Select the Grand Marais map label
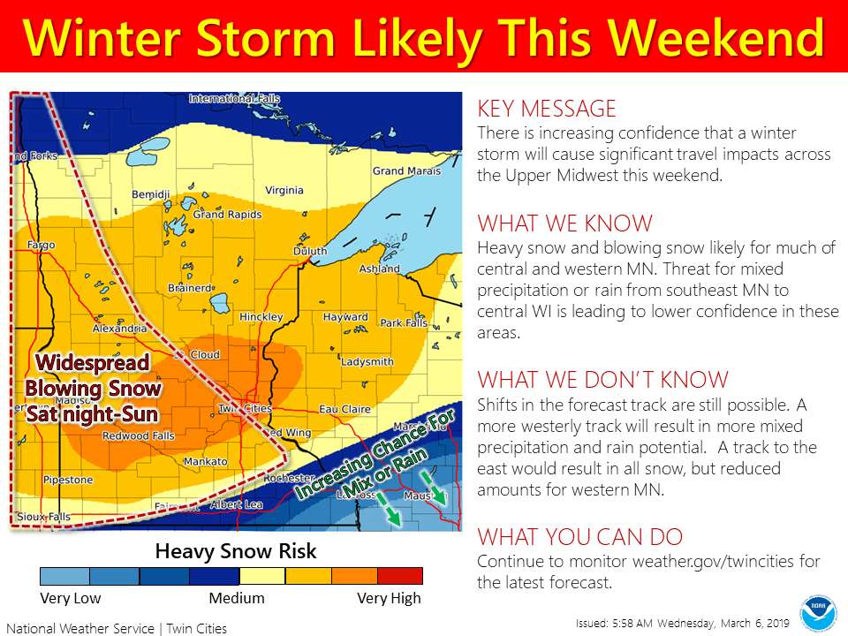pyautogui.click(x=400, y=170)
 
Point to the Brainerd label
pyautogui.click(x=190, y=288)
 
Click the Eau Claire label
pyautogui.click(x=342, y=409)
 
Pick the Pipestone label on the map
pyautogui.click(x=67, y=480)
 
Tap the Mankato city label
pyautogui.click(x=205, y=462)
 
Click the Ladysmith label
pyautogui.click(x=367, y=361)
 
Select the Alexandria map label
pyautogui.click(x=119, y=329)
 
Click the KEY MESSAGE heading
pyautogui.click(x=547, y=109)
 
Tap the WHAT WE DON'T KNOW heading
pyautogui.click(x=603, y=380)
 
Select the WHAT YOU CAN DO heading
pyautogui.click(x=579, y=537)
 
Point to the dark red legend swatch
pyautogui.click(x=399, y=577)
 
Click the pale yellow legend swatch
pyautogui.click(x=262, y=577)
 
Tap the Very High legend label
pyautogui.click(x=389, y=599)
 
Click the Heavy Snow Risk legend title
pyautogui.click(x=235, y=552)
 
